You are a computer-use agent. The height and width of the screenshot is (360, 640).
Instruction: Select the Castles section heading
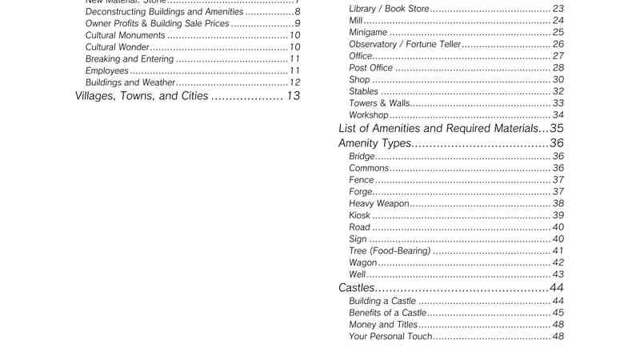point(357,287)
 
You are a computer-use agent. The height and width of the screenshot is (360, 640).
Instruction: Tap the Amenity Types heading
point(374,143)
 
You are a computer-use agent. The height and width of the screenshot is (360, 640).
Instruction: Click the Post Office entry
point(370,68)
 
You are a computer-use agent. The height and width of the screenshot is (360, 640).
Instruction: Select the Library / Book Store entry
point(389,9)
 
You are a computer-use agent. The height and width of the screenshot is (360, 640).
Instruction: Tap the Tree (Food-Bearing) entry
point(390,251)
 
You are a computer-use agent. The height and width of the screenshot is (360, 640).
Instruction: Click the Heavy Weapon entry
point(378,204)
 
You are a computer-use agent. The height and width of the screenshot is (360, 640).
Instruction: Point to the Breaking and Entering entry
point(129,59)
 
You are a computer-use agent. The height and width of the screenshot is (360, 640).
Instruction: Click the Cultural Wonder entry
point(117,47)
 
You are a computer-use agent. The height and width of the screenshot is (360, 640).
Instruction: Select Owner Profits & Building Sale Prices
point(157,23)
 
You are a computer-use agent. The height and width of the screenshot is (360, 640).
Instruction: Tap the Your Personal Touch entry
point(390,336)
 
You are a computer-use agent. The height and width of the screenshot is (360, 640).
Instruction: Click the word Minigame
point(368,32)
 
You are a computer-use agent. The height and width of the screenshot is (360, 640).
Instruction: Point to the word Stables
point(364,91)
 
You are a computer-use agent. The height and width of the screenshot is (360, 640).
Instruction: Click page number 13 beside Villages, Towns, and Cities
point(293,96)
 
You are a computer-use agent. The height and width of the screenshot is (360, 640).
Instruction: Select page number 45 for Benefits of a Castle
point(558,313)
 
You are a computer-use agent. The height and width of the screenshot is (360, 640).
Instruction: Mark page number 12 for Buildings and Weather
point(295,82)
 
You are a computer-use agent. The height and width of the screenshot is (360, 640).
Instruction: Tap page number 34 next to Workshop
point(558,115)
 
